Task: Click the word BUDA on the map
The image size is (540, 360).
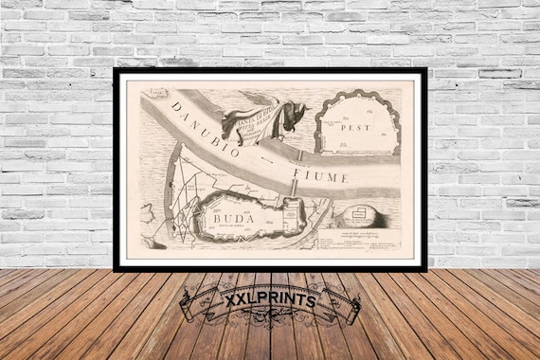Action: point(220,213)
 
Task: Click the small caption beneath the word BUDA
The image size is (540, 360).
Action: point(220,225)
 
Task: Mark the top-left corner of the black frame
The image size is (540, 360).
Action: point(116,70)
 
